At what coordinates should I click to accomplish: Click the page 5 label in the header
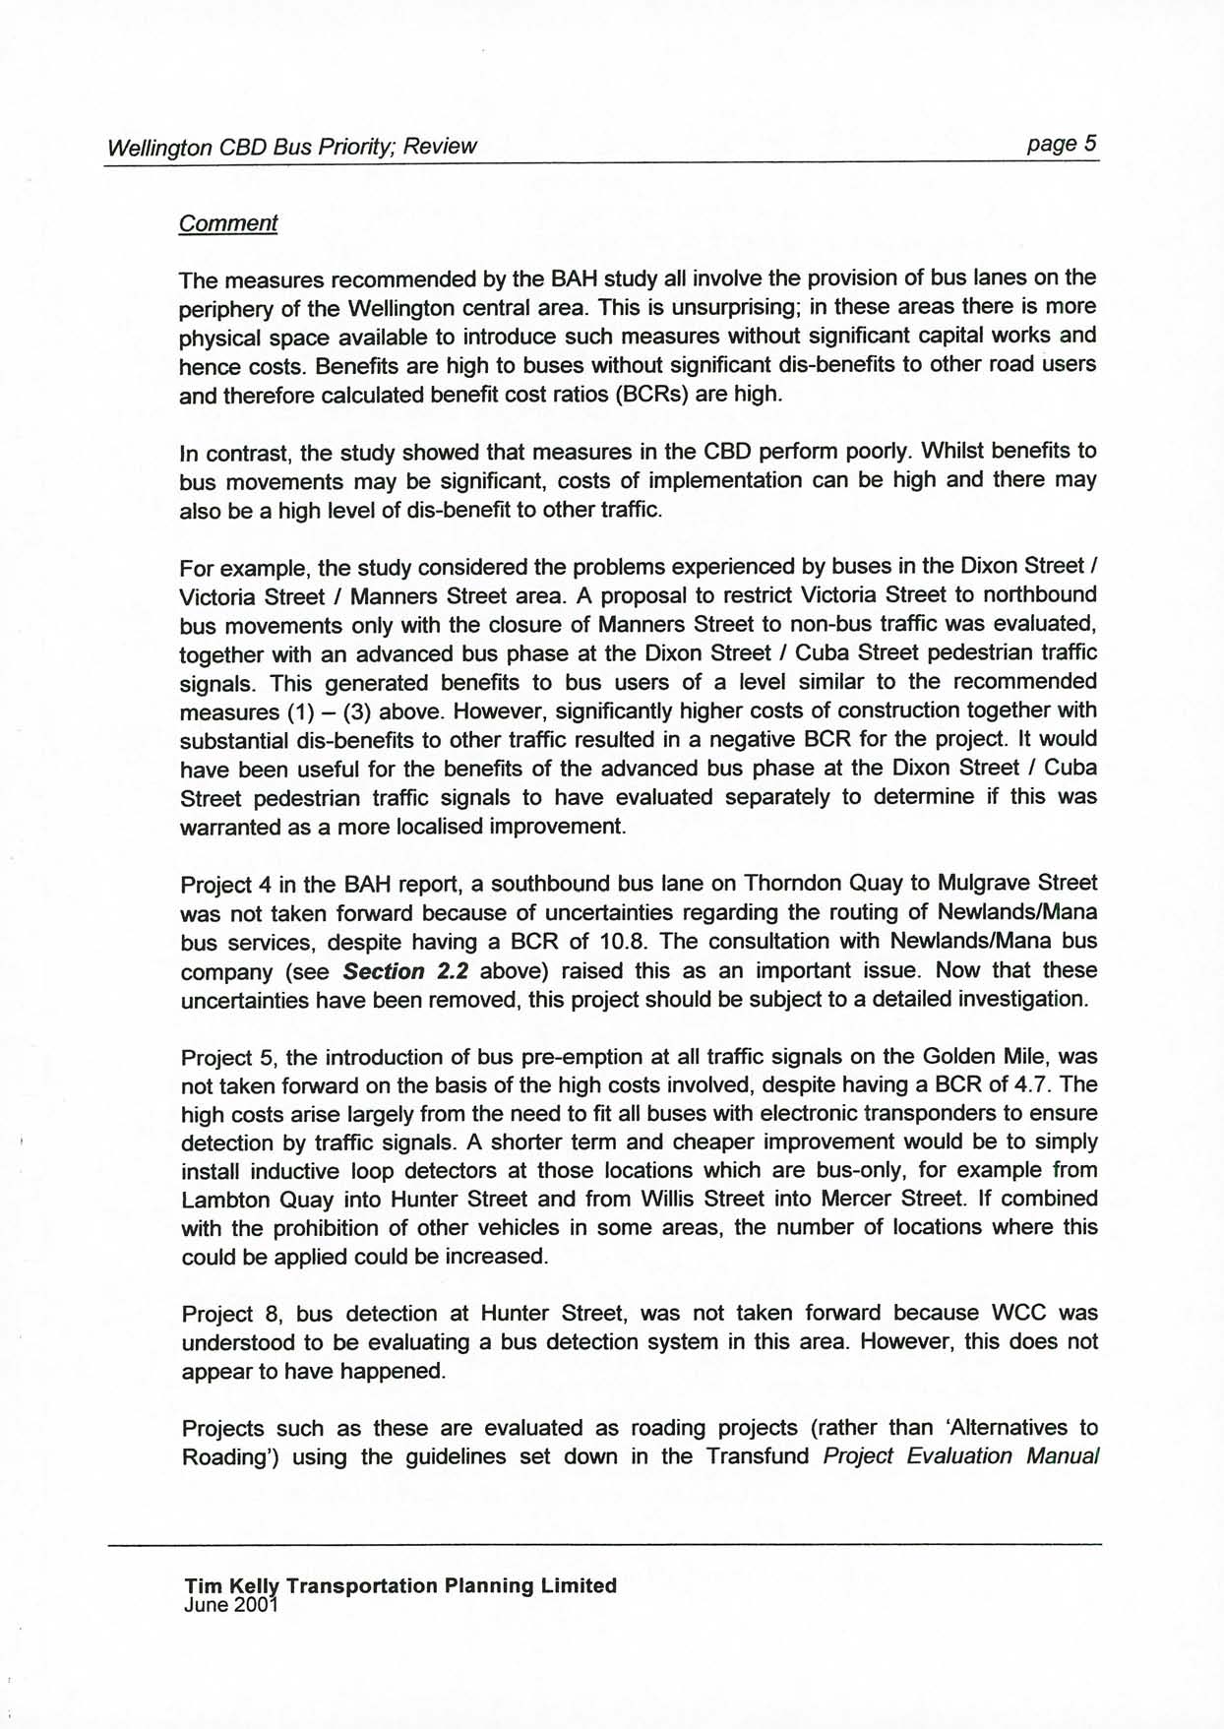click(1061, 144)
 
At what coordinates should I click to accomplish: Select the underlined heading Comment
click(227, 223)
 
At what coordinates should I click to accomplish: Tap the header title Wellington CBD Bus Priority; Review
click(291, 147)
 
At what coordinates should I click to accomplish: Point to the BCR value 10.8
click(621, 942)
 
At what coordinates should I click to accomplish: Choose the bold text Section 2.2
click(404, 971)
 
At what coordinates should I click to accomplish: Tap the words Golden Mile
click(979, 1057)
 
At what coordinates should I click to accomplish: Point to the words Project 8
click(231, 1315)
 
